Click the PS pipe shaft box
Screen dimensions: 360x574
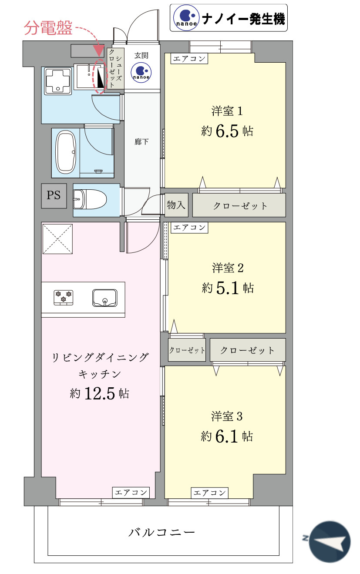(54, 195)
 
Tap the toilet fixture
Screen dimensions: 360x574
(90, 199)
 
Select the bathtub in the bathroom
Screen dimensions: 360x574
(66, 152)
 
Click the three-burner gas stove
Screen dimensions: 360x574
(63, 298)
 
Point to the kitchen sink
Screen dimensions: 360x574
(104, 298)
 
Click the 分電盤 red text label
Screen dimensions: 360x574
(48, 28)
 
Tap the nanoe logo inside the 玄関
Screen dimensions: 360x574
(141, 73)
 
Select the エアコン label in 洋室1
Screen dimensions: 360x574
(189, 59)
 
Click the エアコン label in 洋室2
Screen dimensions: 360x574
(189, 228)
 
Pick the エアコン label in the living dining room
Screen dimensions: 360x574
(131, 492)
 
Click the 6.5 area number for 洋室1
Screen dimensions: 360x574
(227, 131)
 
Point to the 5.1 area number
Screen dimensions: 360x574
(227, 288)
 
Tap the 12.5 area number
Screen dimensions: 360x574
(99, 393)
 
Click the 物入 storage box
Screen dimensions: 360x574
(176, 205)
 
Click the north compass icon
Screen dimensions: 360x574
(329, 542)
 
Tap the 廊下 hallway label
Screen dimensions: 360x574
(141, 142)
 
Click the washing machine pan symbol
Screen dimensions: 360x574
(58, 81)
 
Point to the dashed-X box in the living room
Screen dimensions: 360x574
(58, 239)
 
